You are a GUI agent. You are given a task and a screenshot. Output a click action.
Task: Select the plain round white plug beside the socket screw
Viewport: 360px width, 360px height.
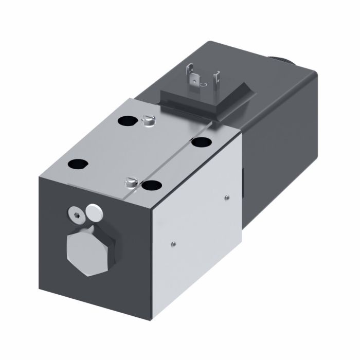93,210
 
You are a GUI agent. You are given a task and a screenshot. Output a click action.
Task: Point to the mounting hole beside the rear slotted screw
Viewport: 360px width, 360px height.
125,121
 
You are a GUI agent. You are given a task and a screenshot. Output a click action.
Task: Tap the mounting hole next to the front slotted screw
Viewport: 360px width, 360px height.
151,184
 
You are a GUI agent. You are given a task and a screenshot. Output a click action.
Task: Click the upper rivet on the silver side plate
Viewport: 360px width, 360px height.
227,195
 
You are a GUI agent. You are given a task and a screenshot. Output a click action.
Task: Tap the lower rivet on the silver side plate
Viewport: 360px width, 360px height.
174,244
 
